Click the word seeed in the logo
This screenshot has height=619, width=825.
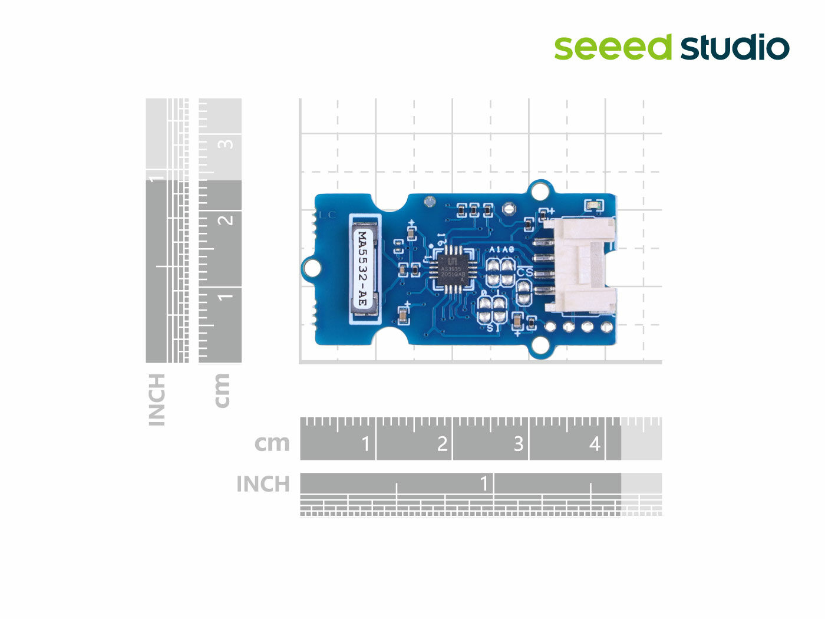[x=613, y=47]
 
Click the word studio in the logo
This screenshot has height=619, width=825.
[x=735, y=47]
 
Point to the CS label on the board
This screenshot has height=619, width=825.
[x=524, y=272]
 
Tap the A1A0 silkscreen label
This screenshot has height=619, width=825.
[x=502, y=250]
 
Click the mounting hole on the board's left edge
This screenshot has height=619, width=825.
[x=312, y=268]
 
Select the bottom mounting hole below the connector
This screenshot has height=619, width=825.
[x=540, y=345]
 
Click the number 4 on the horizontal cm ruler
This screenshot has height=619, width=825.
[x=595, y=443]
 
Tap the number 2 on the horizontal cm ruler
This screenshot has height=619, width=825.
[x=442, y=443]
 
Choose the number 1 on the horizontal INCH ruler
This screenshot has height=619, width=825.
[x=484, y=483]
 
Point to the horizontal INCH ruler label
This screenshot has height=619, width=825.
[x=263, y=484]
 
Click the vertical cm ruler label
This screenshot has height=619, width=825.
[x=222, y=390]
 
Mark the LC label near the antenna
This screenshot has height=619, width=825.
[x=327, y=215]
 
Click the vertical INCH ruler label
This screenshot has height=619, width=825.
[x=157, y=399]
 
